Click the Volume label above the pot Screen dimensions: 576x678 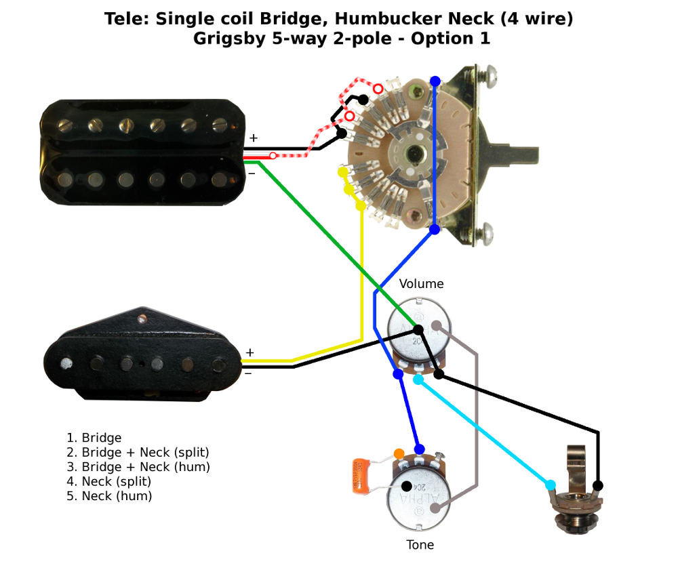(421, 284)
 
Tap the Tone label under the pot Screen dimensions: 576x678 (420, 545)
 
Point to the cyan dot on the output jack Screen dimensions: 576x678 (550, 485)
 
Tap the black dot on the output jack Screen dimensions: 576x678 (598, 485)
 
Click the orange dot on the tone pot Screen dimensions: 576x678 (399, 453)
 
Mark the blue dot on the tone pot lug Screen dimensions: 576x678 (420, 449)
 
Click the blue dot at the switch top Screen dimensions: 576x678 (435, 81)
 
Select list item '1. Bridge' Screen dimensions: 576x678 (94, 438)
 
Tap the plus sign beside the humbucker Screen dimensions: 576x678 (253, 138)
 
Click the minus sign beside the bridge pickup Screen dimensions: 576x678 (249, 372)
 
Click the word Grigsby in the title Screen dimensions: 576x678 (224, 39)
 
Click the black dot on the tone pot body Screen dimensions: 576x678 (406, 486)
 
